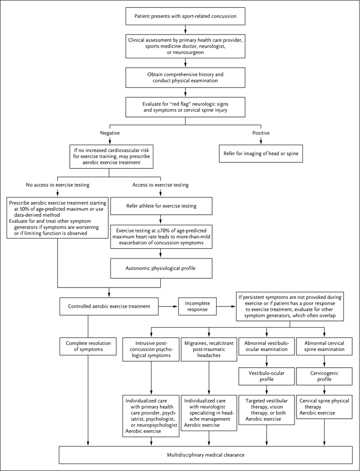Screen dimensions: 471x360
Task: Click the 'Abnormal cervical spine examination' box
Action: [325, 347]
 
